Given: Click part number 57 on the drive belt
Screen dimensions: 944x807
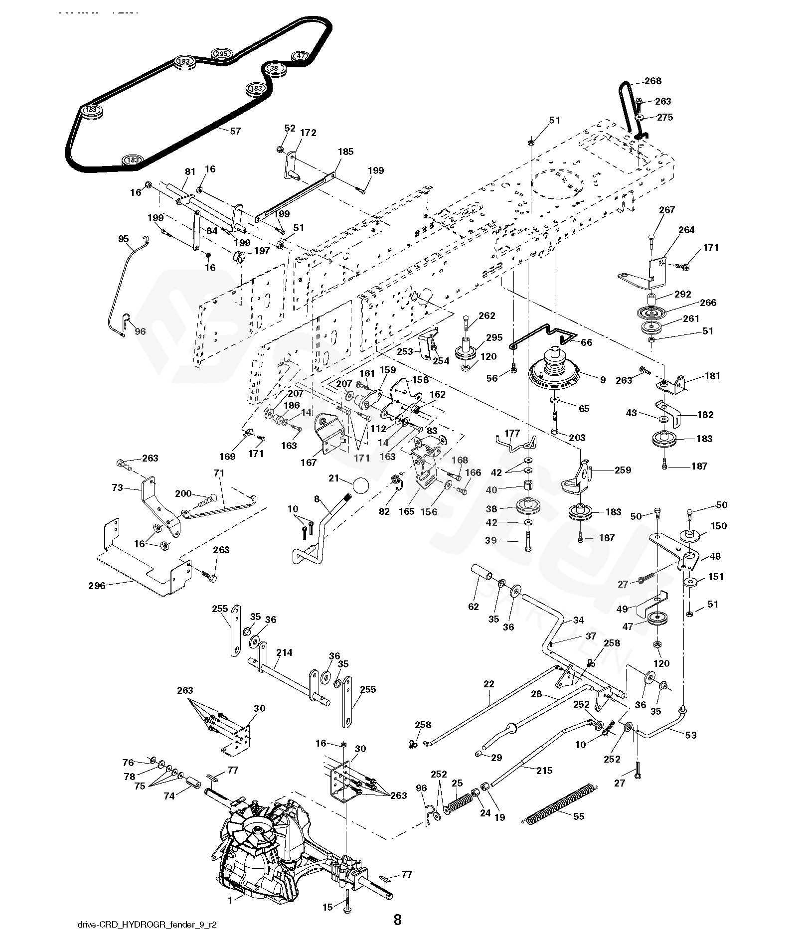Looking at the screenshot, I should (x=235, y=131).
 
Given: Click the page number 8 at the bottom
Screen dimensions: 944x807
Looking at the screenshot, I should (x=397, y=919).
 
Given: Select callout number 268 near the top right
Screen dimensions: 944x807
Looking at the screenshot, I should (x=652, y=81).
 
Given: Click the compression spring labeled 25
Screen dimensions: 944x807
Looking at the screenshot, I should (x=459, y=802).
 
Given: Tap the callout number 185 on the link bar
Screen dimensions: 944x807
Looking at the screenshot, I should (x=345, y=152).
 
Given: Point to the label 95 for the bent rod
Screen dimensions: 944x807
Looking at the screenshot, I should (x=124, y=239).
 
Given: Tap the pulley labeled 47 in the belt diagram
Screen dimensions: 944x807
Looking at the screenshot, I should (x=300, y=56).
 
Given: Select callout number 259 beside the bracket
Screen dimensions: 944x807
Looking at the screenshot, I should (x=623, y=470).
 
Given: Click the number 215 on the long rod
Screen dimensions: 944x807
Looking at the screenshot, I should (x=544, y=770).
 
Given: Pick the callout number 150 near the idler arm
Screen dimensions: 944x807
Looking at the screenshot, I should (x=719, y=526).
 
